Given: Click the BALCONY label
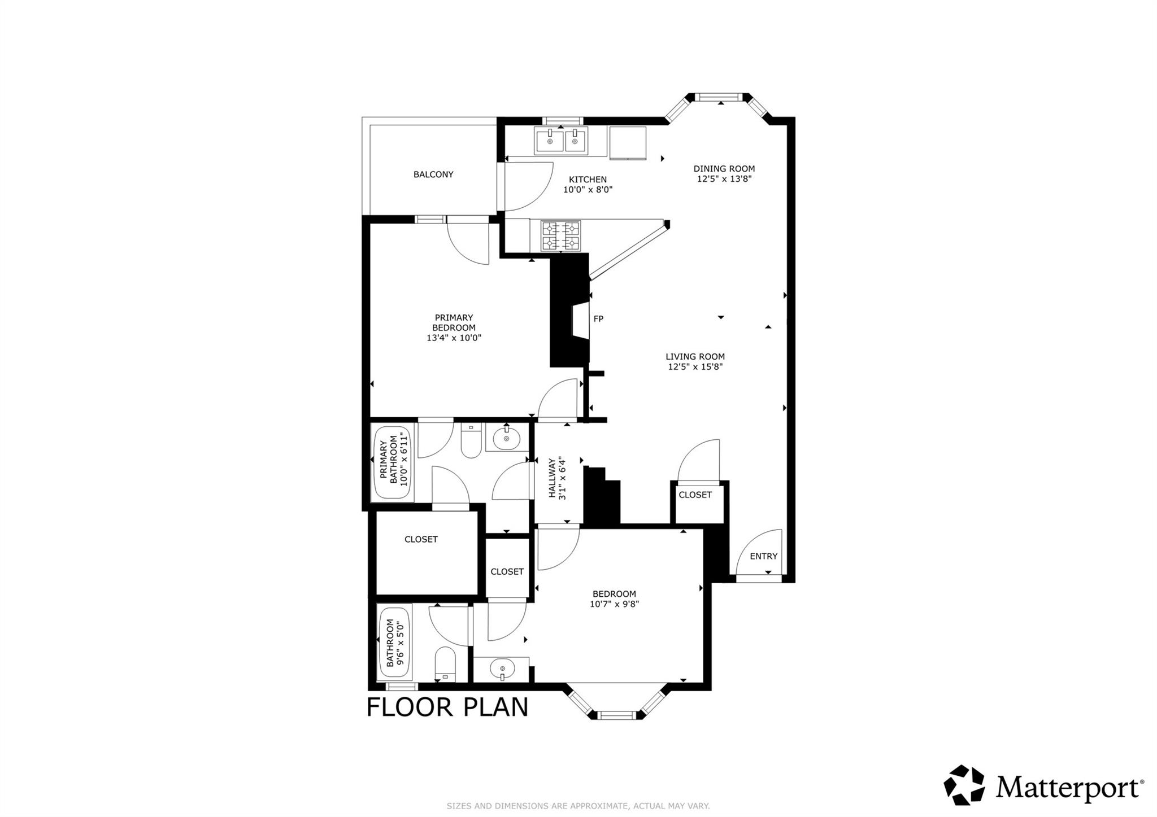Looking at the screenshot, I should coord(433,174).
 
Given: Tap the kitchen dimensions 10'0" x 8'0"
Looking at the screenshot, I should coord(588,190).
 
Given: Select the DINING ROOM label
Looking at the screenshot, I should coord(724,168).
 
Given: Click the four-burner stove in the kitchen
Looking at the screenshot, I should coord(561,236).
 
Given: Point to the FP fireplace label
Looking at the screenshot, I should coord(598,319).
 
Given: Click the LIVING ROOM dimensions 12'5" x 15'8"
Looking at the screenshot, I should coord(695,366).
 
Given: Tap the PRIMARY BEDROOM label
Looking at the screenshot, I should coord(454,322).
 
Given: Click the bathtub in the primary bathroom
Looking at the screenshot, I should coord(392,462).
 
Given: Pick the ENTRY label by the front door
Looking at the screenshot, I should coord(763,556).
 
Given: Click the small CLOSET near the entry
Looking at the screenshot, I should coord(695,495).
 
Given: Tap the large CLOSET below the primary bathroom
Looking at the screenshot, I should coord(421,539).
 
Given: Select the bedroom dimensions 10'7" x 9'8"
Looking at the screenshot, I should coord(614,604).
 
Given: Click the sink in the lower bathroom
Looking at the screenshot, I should coord(502,670).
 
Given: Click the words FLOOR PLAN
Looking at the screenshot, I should coord(447,707).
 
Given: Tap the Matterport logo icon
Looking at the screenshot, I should coord(964,785).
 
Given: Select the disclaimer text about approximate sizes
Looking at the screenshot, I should coord(578,806).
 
